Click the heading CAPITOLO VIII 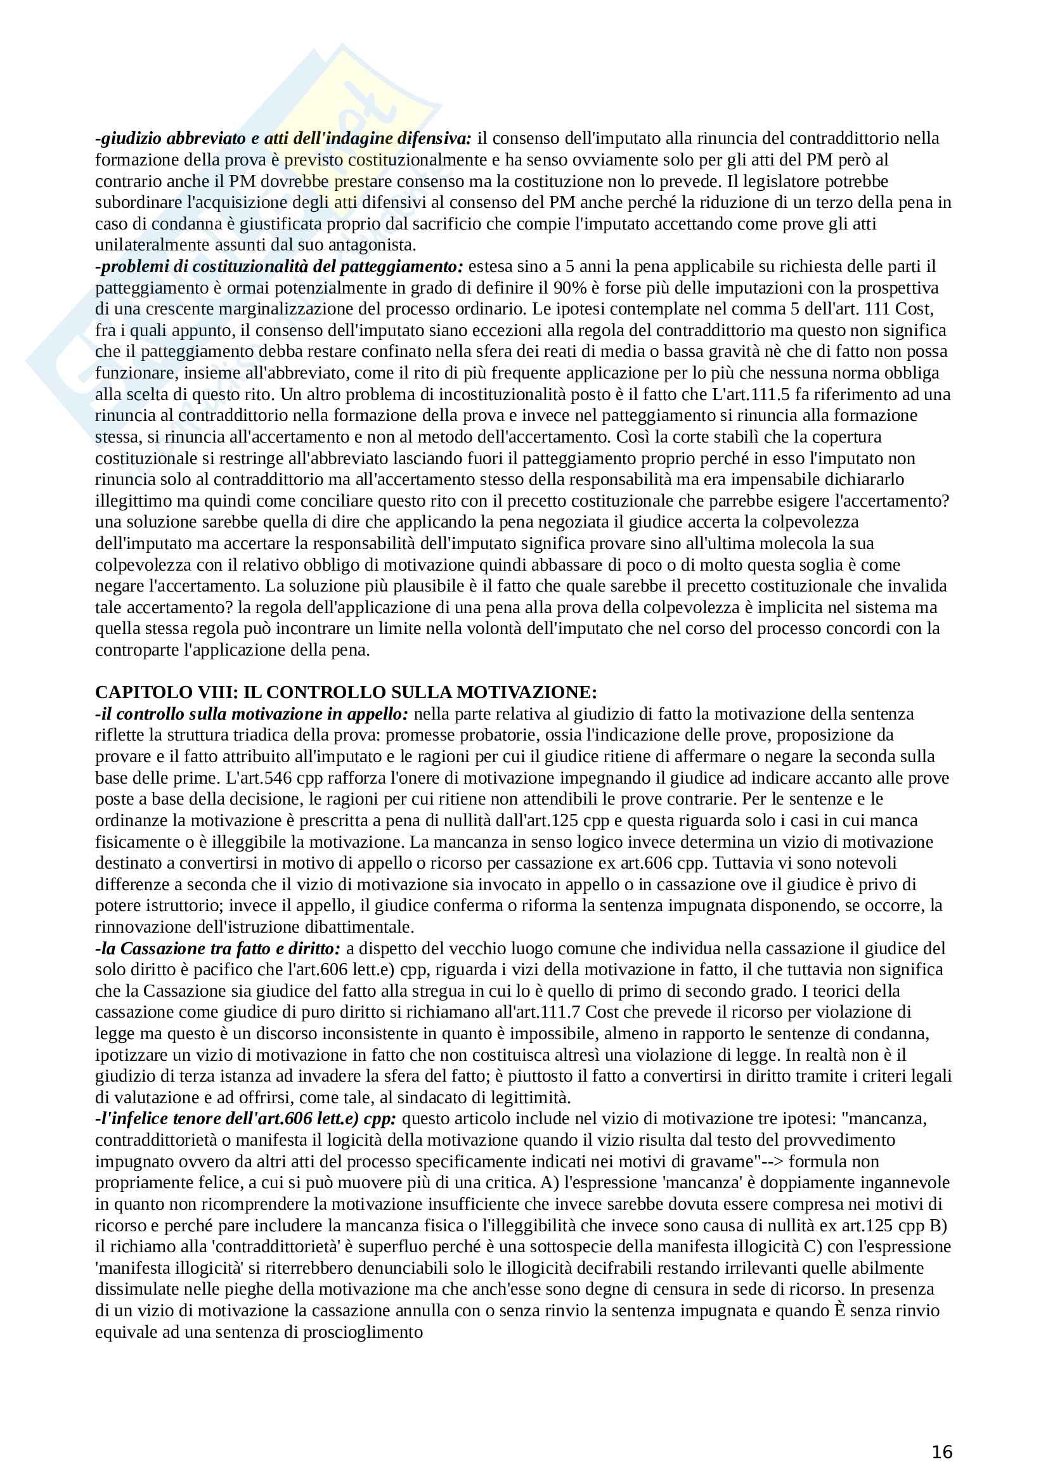click(346, 692)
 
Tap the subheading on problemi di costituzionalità click(280, 266)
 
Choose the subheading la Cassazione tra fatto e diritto click(217, 948)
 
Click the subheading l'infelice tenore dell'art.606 click(246, 1118)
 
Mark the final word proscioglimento click(363, 1332)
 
